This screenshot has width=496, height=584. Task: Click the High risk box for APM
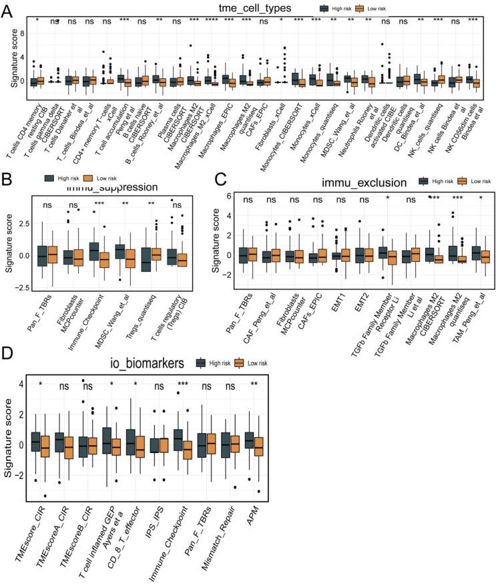coord(249,442)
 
